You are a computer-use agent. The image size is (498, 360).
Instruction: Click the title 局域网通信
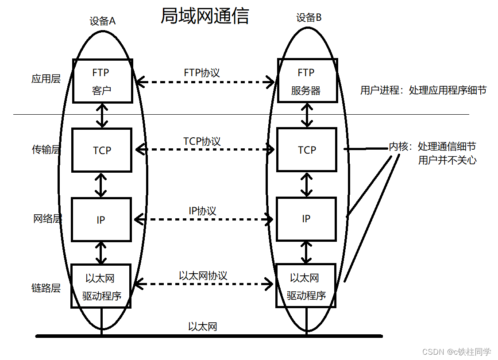point(205,16)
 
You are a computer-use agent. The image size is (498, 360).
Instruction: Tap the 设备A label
point(103,21)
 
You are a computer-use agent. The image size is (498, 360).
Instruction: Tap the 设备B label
point(309,18)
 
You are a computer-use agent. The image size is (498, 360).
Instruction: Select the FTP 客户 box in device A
point(102,81)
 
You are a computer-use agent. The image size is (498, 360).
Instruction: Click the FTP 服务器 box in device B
point(307,81)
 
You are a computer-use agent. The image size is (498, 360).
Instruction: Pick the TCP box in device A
point(102,150)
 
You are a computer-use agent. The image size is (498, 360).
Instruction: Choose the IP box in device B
point(306,219)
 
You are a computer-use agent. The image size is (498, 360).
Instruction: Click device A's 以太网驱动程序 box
point(101,286)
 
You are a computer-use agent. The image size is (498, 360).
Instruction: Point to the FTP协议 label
point(202,73)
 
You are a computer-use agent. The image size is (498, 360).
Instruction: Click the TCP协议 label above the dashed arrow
point(202,141)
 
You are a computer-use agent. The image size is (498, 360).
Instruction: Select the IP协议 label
point(202,211)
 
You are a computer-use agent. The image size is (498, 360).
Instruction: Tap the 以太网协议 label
point(203,275)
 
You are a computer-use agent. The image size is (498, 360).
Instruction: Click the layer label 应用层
point(46,79)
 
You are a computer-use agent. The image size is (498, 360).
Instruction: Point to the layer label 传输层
point(46,150)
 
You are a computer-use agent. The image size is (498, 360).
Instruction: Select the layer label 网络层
point(47,218)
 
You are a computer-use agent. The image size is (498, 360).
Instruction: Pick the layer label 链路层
point(46,288)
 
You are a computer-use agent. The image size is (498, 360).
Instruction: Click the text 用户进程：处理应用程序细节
point(423,90)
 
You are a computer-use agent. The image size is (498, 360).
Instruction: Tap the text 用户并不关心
point(447,160)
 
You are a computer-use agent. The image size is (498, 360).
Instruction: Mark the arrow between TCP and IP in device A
point(101,185)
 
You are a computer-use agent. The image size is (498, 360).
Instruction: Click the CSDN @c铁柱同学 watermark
point(456,352)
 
